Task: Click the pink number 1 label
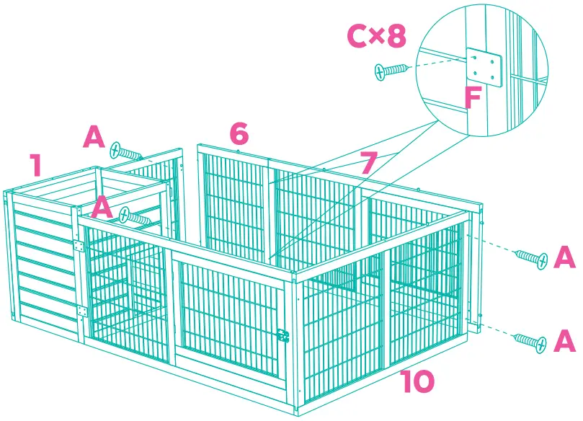tap(35, 165)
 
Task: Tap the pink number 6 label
tap(239, 133)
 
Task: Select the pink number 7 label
tap(368, 164)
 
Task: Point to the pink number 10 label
tap(417, 382)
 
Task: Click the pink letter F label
tap(472, 97)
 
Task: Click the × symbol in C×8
tap(377, 37)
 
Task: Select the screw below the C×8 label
tap(391, 70)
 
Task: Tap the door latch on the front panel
tap(283, 335)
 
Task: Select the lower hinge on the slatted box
tap(81, 311)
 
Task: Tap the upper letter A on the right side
tap(564, 257)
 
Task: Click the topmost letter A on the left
tap(94, 137)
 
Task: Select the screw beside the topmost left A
tap(125, 152)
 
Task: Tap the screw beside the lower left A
tap(135, 216)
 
